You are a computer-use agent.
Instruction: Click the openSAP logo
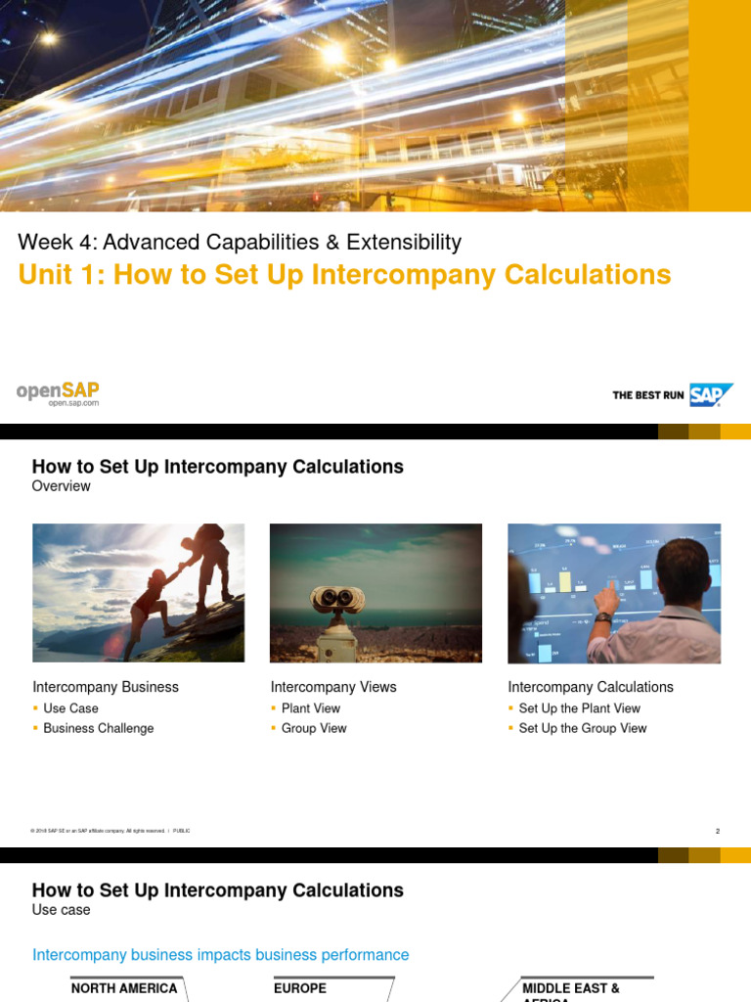(58, 392)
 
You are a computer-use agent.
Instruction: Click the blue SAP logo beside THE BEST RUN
(711, 394)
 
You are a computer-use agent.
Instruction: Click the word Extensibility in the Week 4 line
(403, 242)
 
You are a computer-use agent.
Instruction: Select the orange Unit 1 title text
(344, 274)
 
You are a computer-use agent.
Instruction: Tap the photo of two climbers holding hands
(138, 593)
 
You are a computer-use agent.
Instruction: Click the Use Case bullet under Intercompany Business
(70, 708)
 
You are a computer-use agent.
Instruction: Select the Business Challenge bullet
(98, 728)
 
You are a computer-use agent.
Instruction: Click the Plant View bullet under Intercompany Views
(311, 708)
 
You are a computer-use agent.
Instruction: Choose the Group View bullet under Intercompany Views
(314, 728)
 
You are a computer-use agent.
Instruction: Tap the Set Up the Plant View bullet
(579, 708)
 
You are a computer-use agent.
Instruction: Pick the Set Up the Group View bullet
(583, 728)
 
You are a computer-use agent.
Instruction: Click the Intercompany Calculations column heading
(591, 687)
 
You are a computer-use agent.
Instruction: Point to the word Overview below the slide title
(61, 486)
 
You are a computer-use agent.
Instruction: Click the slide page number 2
(717, 831)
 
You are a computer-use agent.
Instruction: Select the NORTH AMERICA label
(124, 988)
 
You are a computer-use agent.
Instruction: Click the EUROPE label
(300, 988)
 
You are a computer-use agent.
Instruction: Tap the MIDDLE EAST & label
(571, 988)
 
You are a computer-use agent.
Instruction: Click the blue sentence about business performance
(221, 954)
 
